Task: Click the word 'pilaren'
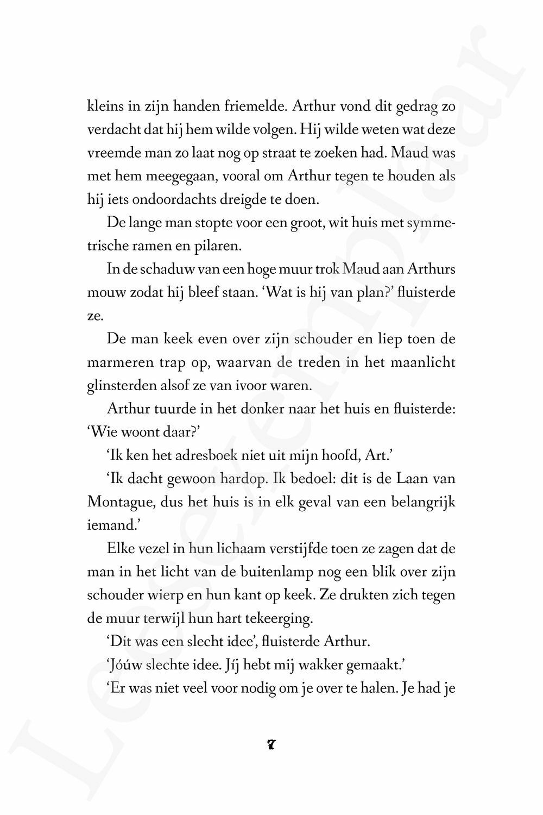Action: [219, 246]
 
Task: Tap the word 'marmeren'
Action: [113, 362]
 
